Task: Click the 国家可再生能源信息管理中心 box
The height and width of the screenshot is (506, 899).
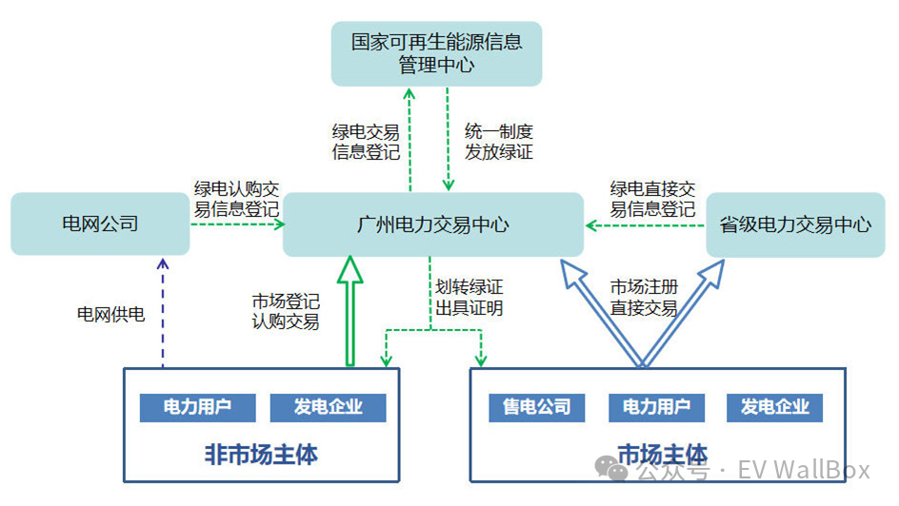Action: (436, 53)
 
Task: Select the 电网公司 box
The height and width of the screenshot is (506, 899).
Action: (100, 224)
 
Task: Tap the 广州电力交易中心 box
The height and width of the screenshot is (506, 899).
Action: (432, 224)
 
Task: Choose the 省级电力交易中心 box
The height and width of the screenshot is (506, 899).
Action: (795, 224)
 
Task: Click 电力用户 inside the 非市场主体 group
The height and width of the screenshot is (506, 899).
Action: (197, 407)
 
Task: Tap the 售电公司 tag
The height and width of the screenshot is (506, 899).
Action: (536, 407)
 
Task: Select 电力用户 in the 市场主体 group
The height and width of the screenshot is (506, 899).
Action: (656, 407)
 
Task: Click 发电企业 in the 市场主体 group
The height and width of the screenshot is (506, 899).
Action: (774, 407)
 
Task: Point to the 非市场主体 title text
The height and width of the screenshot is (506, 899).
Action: (261, 455)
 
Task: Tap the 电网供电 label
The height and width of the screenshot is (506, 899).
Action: (110, 314)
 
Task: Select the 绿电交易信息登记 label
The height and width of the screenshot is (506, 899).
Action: (365, 142)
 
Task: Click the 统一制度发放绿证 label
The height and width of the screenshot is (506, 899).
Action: (498, 142)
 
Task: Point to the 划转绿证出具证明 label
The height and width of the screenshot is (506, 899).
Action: (469, 297)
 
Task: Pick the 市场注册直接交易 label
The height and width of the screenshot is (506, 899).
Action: (643, 297)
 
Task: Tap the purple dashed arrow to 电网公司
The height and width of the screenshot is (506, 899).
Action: (162, 314)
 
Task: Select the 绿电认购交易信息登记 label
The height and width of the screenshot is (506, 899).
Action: (236, 199)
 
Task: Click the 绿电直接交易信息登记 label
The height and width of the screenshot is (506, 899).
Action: (652, 199)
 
